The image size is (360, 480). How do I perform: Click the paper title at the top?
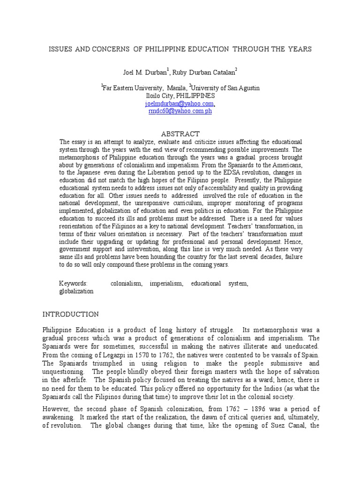pyautogui.click(x=180, y=49)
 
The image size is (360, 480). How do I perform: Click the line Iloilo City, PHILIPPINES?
pyautogui.click(x=180, y=95)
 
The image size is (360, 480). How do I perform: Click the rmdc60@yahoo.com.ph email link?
pyautogui.click(x=180, y=111)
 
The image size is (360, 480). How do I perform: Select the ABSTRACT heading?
pyautogui.click(x=180, y=134)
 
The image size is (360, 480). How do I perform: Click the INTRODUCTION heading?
pyautogui.click(x=71, y=314)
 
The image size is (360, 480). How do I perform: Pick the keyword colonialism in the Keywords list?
pyautogui.click(x=126, y=284)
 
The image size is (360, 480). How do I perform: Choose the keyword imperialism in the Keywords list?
pyautogui.click(x=164, y=284)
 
